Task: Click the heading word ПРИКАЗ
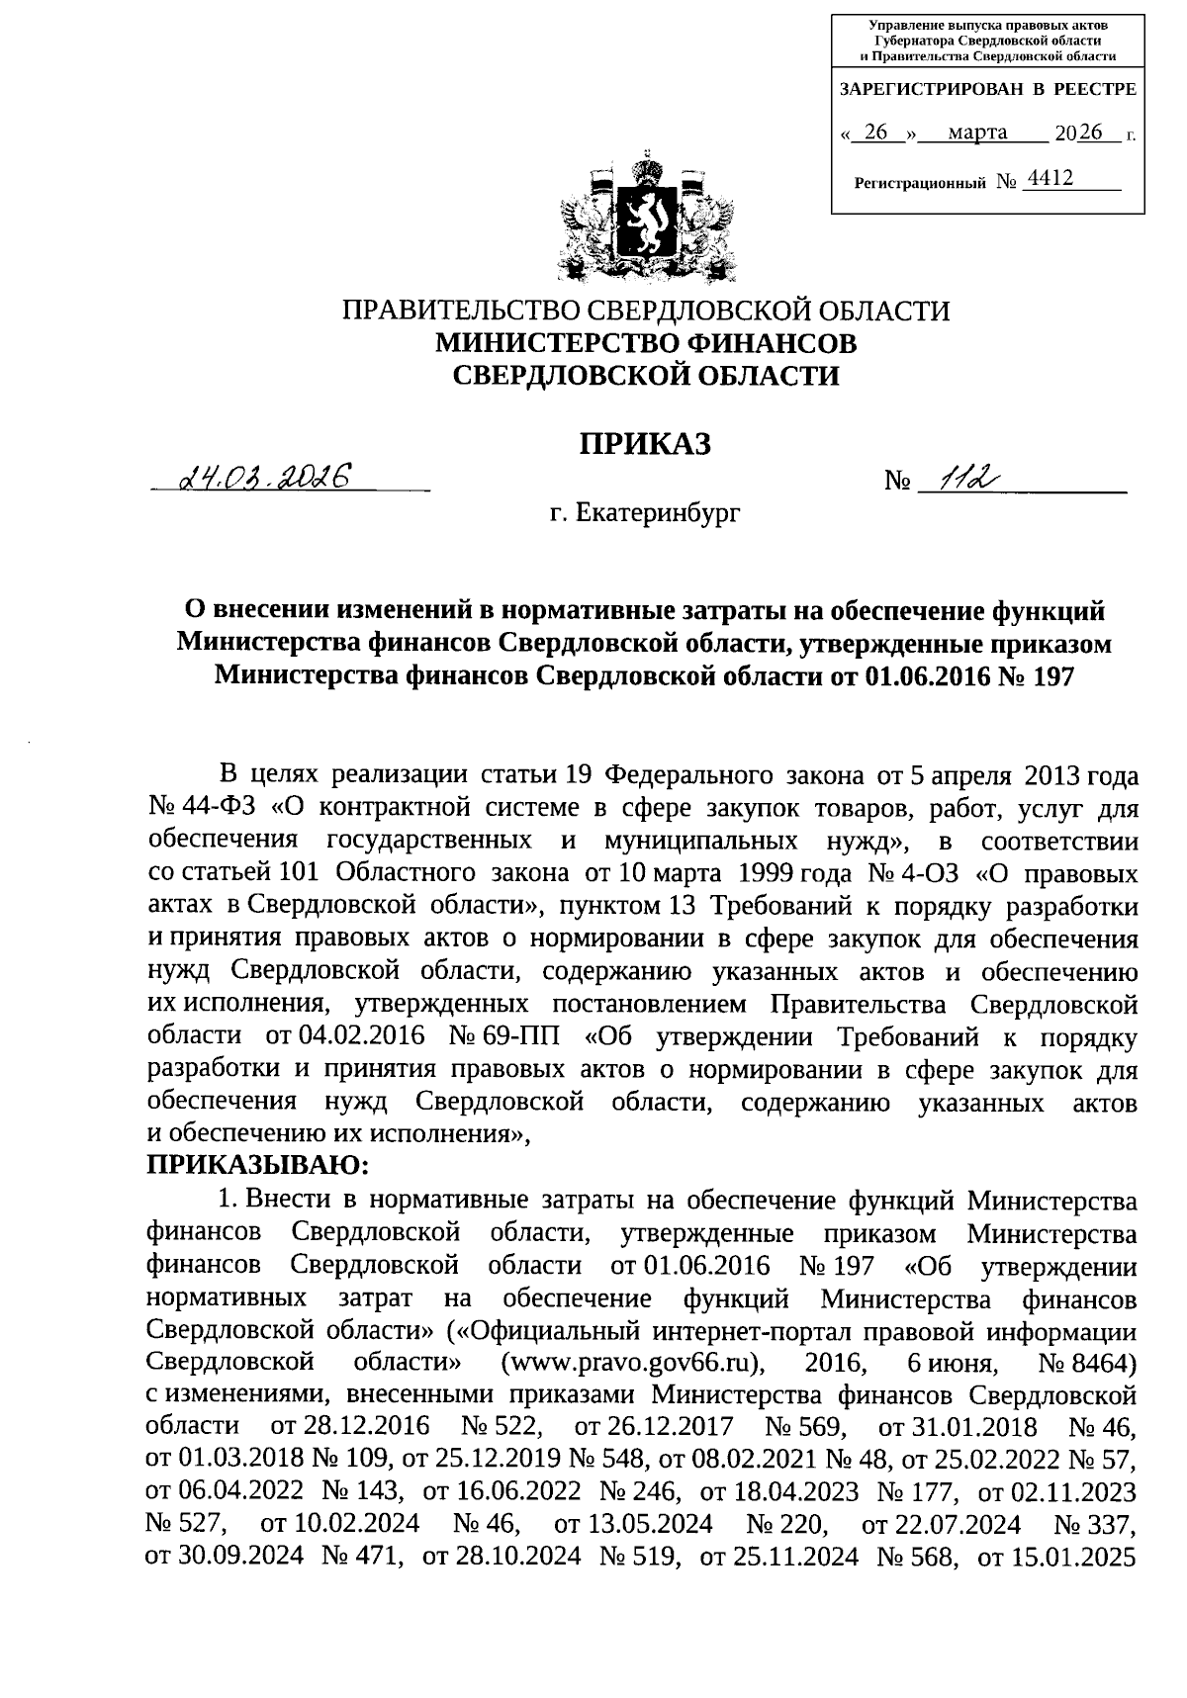click(646, 443)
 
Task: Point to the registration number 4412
click(1050, 178)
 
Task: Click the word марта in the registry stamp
click(976, 132)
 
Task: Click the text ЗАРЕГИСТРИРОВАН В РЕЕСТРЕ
click(987, 89)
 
